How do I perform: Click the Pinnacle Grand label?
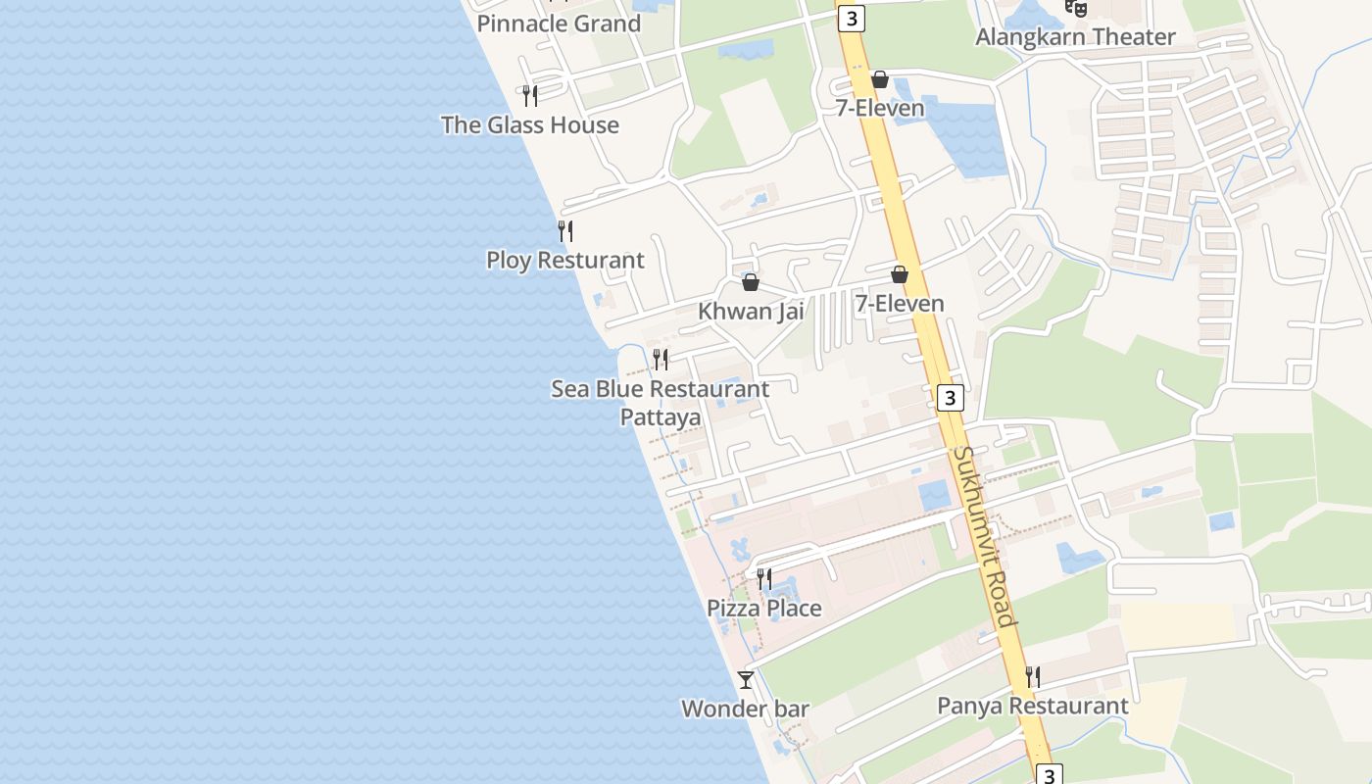[559, 24]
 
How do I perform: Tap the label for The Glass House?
[530, 125]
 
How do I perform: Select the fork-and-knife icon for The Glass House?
[530, 96]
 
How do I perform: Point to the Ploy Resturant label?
[565, 261]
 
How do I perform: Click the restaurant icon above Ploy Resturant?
[565, 231]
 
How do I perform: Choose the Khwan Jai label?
[751, 312]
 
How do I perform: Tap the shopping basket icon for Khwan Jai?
[751, 282]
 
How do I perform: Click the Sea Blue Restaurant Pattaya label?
[661, 403]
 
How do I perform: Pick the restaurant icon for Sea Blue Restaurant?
[661, 360]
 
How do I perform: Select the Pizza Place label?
[764, 609]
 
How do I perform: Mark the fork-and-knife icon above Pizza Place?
[764, 579]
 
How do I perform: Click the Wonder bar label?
[745, 709]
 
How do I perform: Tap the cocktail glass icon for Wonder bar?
[746, 679]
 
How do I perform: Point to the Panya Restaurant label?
[1033, 706]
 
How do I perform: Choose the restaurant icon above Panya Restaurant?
[1032, 676]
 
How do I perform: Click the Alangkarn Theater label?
[1075, 37]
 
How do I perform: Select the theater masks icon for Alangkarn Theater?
[1077, 8]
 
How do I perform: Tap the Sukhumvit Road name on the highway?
[983, 536]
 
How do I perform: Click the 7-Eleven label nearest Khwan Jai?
[900, 304]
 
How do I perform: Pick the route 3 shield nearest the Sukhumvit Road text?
[950, 398]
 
